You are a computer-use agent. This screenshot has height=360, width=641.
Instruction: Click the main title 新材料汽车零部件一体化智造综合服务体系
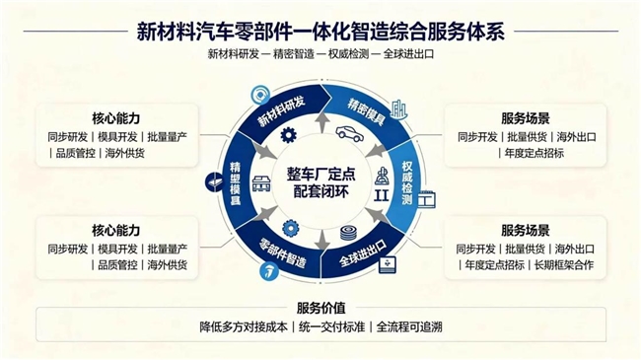tap(320, 32)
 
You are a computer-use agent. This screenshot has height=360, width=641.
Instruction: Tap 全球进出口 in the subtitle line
tap(408, 53)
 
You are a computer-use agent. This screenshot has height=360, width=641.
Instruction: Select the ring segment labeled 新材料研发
tap(282, 111)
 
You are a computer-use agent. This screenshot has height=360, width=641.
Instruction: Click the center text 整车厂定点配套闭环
tap(320, 182)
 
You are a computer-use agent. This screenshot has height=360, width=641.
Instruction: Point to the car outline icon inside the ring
tap(350, 133)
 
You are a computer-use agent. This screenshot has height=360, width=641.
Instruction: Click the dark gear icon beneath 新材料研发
tap(289, 135)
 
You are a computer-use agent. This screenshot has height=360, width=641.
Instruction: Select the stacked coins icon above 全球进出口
tap(348, 233)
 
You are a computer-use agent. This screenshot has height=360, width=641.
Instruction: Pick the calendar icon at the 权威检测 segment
tap(426, 199)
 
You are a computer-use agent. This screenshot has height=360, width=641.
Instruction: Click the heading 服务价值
tap(320, 308)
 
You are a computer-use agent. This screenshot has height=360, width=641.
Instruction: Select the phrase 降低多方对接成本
tap(244, 327)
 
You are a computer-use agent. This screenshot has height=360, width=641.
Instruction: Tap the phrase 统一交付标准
tap(331, 327)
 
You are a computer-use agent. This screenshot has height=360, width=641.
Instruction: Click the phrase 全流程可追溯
tap(409, 327)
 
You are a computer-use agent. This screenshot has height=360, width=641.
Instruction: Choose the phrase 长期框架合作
tap(564, 265)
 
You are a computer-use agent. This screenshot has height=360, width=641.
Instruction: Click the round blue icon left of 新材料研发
tap(260, 96)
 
